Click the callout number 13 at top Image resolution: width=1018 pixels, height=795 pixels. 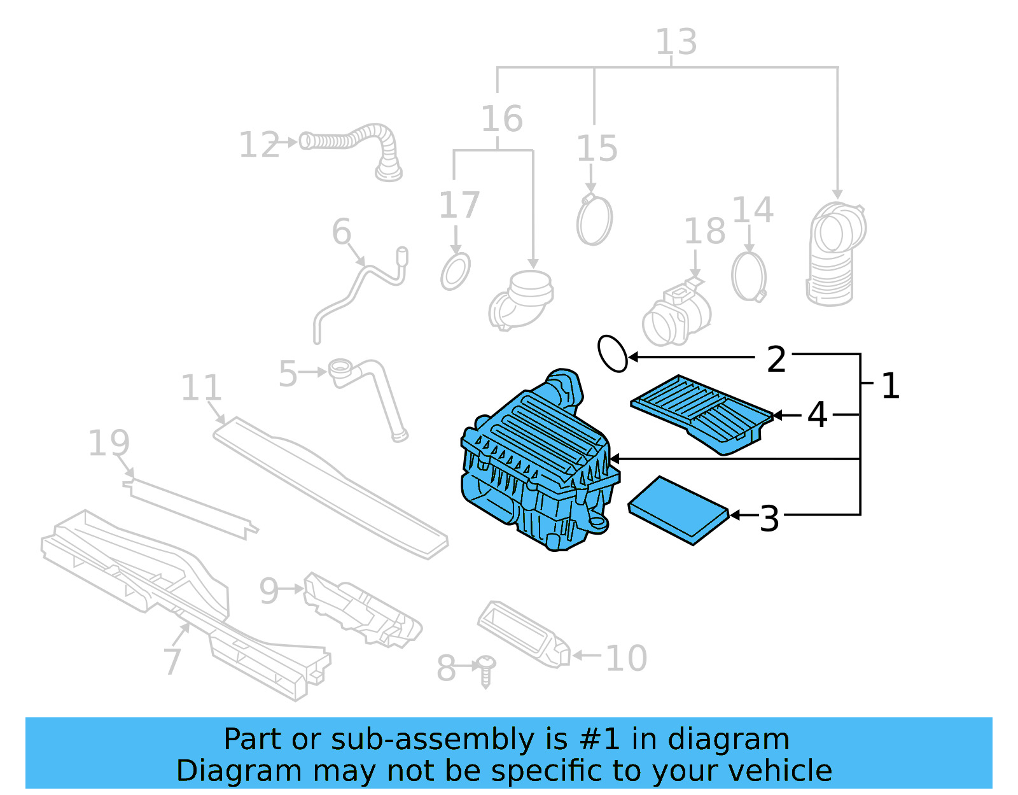pos(676,43)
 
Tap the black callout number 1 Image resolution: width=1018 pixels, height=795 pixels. pos(890,386)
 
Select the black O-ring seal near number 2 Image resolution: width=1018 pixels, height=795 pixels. pos(613,353)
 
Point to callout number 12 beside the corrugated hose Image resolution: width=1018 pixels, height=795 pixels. pos(259,145)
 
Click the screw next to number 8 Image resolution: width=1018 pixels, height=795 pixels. pos(486,670)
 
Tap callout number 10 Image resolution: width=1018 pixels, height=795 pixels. pos(626,658)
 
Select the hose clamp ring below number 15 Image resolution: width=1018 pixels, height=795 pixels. pos(594,220)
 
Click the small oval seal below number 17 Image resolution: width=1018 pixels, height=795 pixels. pos(456,272)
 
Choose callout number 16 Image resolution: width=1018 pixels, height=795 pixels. pos(501,119)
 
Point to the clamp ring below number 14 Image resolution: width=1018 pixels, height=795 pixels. pos(749,277)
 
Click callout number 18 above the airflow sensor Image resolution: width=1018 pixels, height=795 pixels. pos(704,231)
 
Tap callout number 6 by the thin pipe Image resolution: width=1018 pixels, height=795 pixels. pos(342,231)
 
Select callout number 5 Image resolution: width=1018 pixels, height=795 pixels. pos(288,374)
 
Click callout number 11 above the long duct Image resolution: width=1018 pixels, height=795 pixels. pos(201,388)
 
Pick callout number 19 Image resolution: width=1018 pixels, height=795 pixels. pos(109,443)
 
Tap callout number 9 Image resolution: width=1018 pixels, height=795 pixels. pos(268,591)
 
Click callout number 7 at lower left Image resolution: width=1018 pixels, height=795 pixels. pos(172,661)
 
